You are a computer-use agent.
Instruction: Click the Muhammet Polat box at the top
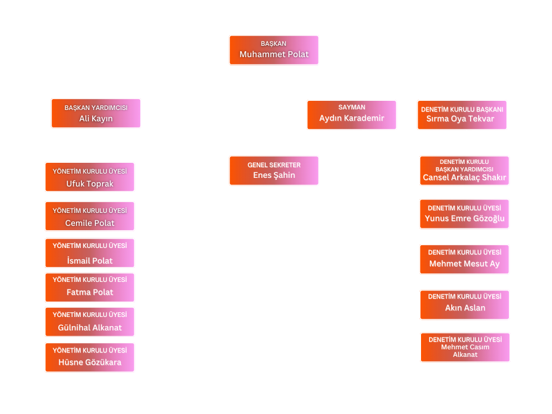(x=274, y=50)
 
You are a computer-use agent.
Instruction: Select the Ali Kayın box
(x=96, y=113)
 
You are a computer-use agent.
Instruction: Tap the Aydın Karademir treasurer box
(x=351, y=115)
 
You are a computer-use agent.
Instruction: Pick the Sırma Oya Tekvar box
(x=462, y=115)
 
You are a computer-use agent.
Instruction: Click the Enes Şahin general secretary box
(x=274, y=171)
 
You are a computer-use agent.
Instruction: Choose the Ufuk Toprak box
(x=89, y=177)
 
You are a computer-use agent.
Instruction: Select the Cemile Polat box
(x=89, y=216)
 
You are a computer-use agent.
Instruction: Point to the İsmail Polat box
(x=89, y=253)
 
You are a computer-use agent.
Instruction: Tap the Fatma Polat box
(x=89, y=287)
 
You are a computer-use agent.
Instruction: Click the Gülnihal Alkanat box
(x=89, y=322)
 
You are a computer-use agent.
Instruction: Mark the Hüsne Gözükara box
(x=89, y=357)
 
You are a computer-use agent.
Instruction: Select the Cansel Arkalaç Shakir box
(x=464, y=171)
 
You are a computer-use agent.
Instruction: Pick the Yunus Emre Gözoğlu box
(x=464, y=214)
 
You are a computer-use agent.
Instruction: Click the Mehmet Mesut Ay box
(x=464, y=259)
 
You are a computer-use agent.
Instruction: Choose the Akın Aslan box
(x=464, y=305)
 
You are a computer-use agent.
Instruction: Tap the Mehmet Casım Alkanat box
(x=465, y=347)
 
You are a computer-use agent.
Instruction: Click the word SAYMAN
(x=351, y=107)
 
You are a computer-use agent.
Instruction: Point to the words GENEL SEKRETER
(x=274, y=165)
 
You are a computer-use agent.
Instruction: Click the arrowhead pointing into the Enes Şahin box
(x=274, y=153)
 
